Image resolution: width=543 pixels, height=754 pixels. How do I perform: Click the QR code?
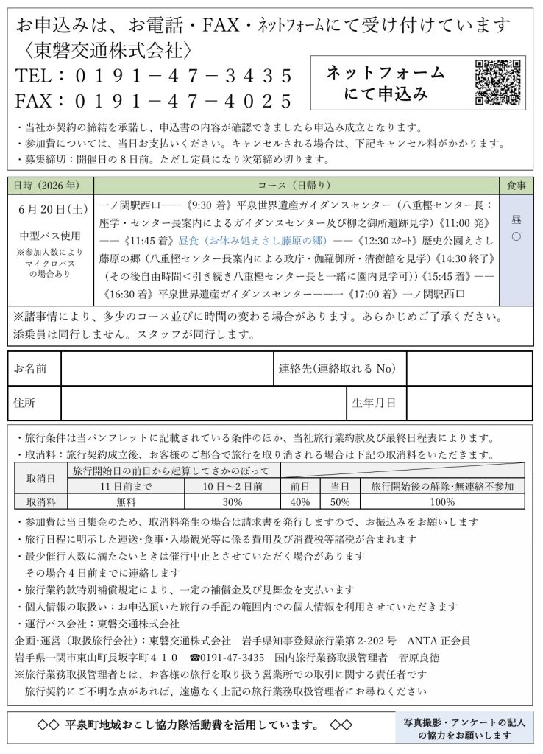(x=498, y=82)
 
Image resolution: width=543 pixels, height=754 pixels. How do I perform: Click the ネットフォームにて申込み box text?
(x=385, y=83)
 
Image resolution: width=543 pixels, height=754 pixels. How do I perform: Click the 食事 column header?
(x=516, y=184)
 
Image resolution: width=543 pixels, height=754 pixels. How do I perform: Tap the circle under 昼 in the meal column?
(x=516, y=237)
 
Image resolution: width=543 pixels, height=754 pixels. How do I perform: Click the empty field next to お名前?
(x=166, y=368)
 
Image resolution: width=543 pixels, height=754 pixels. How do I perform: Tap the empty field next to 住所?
(x=203, y=403)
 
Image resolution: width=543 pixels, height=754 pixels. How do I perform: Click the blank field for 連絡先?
(x=469, y=368)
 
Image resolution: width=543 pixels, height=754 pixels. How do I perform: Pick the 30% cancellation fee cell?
(x=233, y=502)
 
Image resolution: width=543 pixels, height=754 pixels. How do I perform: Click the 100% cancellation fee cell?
(x=442, y=502)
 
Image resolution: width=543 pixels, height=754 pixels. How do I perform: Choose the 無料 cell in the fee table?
(x=126, y=502)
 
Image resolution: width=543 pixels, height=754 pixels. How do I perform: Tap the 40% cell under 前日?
(x=300, y=502)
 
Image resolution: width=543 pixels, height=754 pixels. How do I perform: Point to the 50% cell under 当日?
(x=340, y=502)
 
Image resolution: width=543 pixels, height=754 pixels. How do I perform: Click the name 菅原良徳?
(x=419, y=657)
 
